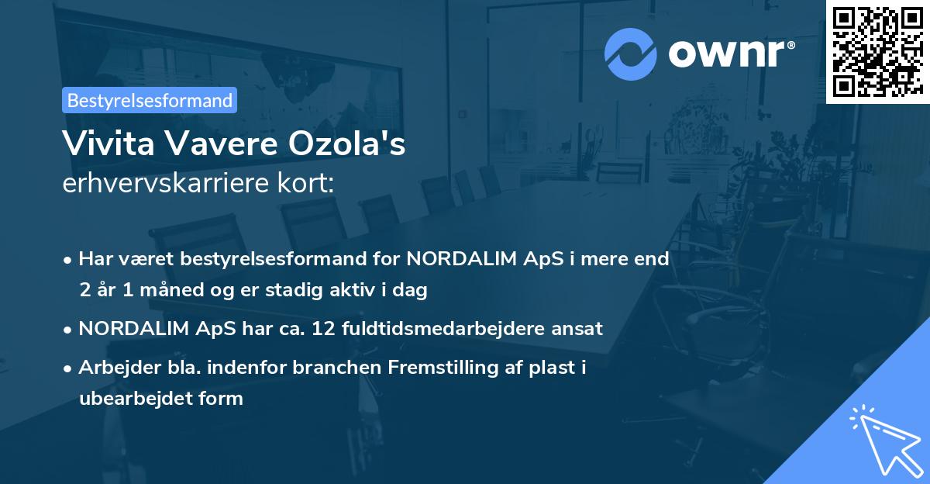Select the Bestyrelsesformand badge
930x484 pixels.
point(150,100)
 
